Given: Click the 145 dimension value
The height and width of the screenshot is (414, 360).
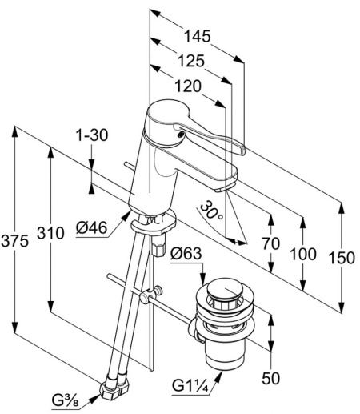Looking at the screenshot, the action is click(x=198, y=36).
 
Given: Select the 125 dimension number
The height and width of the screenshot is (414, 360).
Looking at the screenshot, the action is click(x=191, y=61).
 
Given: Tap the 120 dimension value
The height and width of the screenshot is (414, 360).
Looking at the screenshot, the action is click(x=188, y=86).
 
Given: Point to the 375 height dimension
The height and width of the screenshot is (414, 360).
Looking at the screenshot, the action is click(x=14, y=241).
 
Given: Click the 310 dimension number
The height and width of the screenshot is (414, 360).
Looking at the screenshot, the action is click(x=50, y=233).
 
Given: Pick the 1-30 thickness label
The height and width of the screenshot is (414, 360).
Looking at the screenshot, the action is click(x=92, y=135).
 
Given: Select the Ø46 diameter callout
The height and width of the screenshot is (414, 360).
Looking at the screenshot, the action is click(x=91, y=227).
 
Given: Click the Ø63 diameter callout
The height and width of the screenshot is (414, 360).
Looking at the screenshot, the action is click(x=186, y=253).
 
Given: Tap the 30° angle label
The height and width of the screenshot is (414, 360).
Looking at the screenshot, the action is click(x=210, y=211).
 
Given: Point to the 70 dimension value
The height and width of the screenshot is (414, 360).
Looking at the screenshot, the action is click(x=271, y=243).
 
